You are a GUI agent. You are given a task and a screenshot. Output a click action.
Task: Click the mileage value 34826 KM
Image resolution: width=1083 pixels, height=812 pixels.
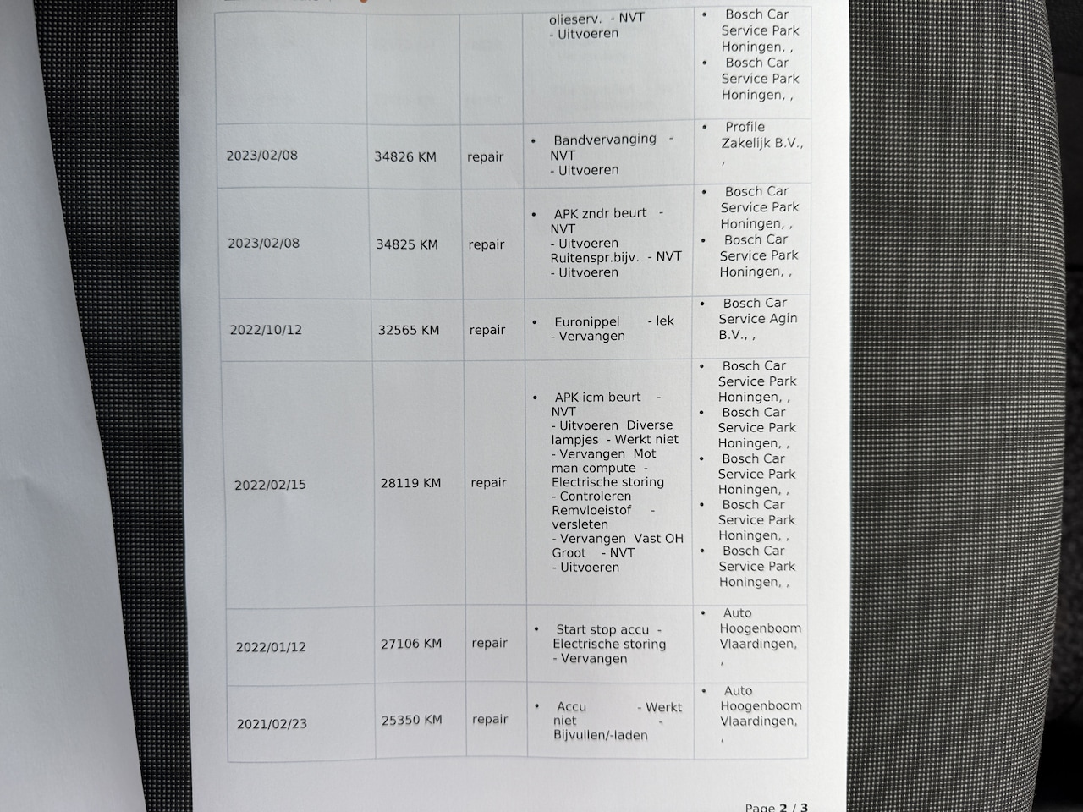point(405,156)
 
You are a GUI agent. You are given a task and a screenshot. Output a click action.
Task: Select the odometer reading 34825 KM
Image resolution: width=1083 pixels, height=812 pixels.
point(407,244)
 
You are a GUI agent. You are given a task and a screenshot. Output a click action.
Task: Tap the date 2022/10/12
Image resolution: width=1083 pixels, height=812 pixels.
point(266,330)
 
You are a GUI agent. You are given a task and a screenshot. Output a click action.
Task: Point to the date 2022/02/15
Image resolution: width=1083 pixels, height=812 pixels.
point(270,485)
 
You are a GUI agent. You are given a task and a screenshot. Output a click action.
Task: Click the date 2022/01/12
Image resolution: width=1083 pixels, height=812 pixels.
point(271,647)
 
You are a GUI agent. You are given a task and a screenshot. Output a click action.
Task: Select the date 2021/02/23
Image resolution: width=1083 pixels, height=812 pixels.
point(272,724)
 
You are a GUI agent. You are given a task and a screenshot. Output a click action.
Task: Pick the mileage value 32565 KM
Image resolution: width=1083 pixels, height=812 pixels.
point(409,330)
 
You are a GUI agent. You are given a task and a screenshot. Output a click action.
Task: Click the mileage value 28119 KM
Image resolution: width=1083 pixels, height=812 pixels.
point(410,483)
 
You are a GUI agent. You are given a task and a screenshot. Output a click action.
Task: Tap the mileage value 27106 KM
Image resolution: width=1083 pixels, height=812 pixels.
point(411,644)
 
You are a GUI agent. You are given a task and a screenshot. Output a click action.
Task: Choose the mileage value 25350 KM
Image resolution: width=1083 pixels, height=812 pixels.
point(412,720)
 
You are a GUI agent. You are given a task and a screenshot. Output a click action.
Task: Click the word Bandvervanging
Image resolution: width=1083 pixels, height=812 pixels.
point(605,140)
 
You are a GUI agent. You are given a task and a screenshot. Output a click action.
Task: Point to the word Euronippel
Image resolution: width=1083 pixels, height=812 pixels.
point(587,322)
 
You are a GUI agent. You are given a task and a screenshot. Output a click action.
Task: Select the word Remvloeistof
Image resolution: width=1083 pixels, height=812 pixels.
point(591,511)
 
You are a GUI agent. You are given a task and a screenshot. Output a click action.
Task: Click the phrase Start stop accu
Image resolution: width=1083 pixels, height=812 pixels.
point(602,629)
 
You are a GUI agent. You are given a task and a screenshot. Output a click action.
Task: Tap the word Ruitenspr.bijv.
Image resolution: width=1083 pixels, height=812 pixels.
point(595,257)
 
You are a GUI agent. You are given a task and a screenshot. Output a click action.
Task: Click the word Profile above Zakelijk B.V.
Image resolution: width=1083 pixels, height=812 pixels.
point(745,127)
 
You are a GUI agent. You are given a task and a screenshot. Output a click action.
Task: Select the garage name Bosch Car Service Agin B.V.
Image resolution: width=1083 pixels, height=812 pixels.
point(757,319)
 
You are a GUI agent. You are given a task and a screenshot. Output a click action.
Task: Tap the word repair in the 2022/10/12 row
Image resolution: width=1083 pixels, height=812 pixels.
point(487,330)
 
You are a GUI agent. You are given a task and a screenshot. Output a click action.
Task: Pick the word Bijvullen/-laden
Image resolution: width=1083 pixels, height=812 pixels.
point(601,736)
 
